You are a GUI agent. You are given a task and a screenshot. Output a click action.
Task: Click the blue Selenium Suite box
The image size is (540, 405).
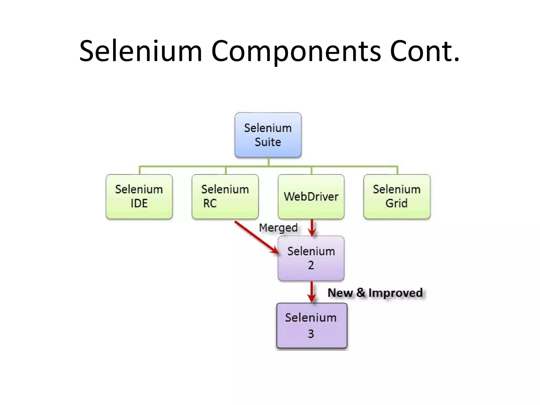tap(268, 135)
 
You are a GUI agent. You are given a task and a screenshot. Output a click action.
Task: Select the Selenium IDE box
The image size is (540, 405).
tap(139, 196)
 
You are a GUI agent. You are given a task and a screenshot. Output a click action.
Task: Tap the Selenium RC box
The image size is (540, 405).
tap(225, 196)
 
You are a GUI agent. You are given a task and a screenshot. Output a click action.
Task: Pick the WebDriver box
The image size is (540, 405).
tap(311, 196)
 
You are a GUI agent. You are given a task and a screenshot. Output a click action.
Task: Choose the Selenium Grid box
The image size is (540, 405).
tap(397, 196)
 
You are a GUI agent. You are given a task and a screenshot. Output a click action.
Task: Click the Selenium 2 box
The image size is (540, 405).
tap(311, 258)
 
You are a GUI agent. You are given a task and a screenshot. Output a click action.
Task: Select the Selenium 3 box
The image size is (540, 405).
tap(311, 325)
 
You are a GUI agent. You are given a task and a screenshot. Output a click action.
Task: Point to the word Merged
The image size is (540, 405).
tap(278, 228)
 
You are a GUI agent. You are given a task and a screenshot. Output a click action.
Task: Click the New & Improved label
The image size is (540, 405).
tap(375, 293)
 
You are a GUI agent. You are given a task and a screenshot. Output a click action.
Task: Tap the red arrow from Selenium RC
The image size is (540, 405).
tap(256, 237)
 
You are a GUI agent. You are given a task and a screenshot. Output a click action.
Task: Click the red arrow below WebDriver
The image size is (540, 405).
tap(312, 228)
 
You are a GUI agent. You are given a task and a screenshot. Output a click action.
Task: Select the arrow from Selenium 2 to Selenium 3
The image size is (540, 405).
tap(312, 291)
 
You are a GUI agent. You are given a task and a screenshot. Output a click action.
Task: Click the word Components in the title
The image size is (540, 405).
tap(296, 51)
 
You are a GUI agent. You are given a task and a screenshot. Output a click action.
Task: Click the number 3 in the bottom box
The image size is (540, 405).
tap(311, 334)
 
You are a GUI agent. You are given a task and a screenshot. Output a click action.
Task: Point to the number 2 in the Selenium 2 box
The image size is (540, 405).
tap(311, 265)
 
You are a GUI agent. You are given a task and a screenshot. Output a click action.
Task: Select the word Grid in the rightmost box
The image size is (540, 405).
tap(396, 203)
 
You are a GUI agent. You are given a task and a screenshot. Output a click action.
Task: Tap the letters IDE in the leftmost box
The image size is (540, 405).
tap(139, 203)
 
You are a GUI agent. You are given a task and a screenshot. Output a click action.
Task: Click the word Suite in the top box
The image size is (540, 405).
tap(268, 142)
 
